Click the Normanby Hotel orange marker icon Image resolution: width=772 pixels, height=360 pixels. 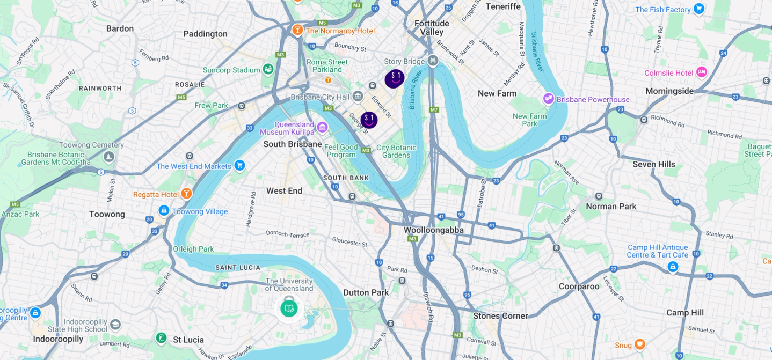[297, 30]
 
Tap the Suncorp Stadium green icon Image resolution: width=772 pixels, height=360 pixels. [268, 69]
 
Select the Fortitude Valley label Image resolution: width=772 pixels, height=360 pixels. [432, 28]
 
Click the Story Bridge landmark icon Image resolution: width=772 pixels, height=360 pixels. [433, 62]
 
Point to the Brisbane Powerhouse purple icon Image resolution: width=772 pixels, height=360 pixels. [549, 99]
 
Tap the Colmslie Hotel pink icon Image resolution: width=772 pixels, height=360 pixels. [701, 72]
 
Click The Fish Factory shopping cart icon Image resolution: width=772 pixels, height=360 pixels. [698, 9]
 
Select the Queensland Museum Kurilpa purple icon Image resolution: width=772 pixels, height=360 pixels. [322, 127]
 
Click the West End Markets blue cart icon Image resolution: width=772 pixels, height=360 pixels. [239, 166]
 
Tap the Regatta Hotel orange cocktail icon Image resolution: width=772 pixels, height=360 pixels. [186, 194]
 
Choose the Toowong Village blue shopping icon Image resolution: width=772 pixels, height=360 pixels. [164, 211]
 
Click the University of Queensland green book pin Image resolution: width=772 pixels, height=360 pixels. [289, 308]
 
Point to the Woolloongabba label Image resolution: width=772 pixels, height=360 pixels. [433, 230]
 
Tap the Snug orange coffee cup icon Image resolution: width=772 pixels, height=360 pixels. [639, 344]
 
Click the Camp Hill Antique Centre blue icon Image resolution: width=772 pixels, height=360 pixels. [673, 267]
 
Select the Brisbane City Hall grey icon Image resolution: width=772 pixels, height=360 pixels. [358, 97]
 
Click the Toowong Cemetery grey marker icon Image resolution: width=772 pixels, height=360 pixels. [109, 157]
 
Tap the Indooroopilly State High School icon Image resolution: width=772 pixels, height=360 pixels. [115, 325]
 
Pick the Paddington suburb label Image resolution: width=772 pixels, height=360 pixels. [205, 34]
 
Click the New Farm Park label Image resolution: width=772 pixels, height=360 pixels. [529, 120]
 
